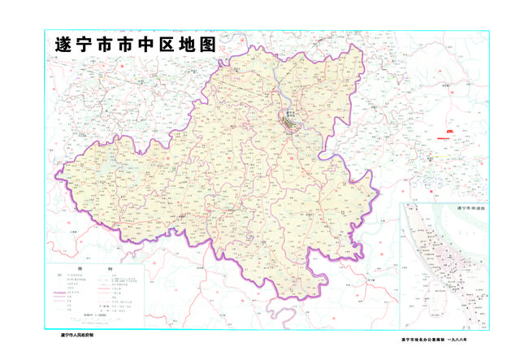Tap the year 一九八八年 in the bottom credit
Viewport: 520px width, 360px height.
(x=474, y=339)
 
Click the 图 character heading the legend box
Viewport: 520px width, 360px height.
(x=80, y=268)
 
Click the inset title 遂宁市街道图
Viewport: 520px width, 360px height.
(x=471, y=209)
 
